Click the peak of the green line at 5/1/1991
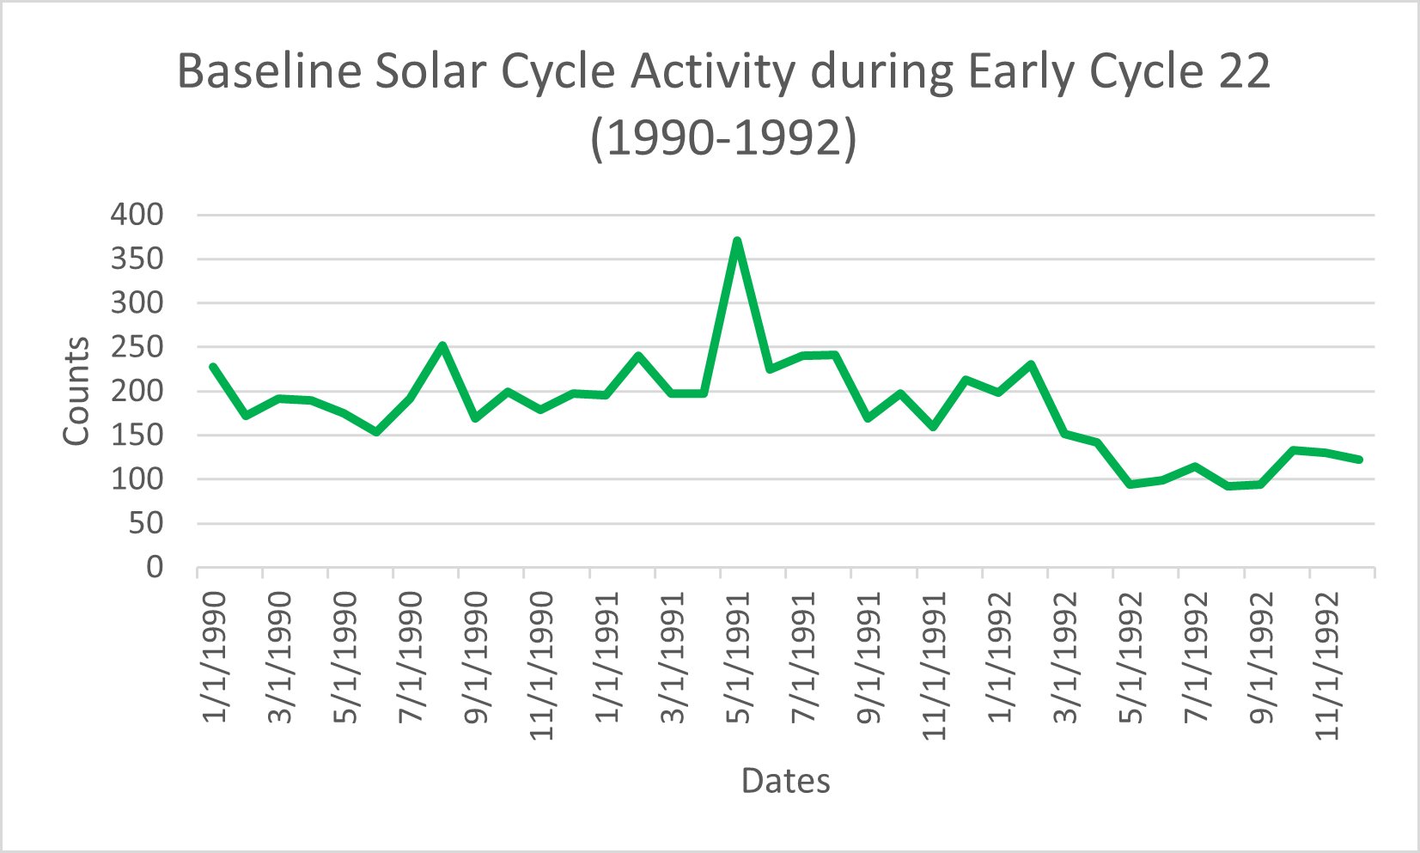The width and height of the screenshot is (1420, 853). pos(736,241)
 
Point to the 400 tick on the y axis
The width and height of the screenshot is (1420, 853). pos(137,215)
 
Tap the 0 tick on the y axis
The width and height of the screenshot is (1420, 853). pos(154,567)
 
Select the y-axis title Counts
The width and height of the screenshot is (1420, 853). pos(76,391)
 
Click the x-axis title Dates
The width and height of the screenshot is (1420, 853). pos(785,781)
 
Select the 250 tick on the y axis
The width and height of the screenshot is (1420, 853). pos(137,347)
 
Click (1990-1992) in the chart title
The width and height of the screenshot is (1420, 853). pos(723,138)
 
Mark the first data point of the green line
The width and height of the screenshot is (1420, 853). pos(213,367)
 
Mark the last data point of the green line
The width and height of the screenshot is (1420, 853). pos(1359,460)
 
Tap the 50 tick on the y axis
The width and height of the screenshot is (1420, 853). pos(145,523)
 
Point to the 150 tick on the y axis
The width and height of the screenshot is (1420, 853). pos(137,435)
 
